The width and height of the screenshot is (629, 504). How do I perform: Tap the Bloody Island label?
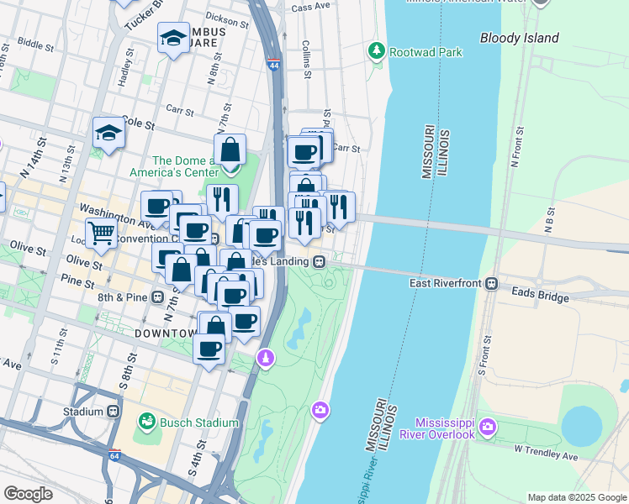(x=519, y=38)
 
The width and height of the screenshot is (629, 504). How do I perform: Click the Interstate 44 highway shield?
(x=273, y=64)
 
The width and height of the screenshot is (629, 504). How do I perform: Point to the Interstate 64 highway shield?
(x=115, y=456)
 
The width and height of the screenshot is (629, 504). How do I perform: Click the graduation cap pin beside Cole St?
(x=108, y=132)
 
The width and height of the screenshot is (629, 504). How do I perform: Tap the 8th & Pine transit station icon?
(x=157, y=297)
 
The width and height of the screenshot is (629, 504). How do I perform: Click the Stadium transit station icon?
(x=114, y=412)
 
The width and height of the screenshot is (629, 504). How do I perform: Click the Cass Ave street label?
(x=310, y=7)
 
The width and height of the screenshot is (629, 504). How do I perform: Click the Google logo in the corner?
(x=29, y=494)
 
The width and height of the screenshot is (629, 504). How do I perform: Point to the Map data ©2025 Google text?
(x=576, y=497)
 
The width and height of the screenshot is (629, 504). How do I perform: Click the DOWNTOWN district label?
(x=163, y=333)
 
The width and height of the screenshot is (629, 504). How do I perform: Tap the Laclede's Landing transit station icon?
(x=320, y=262)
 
